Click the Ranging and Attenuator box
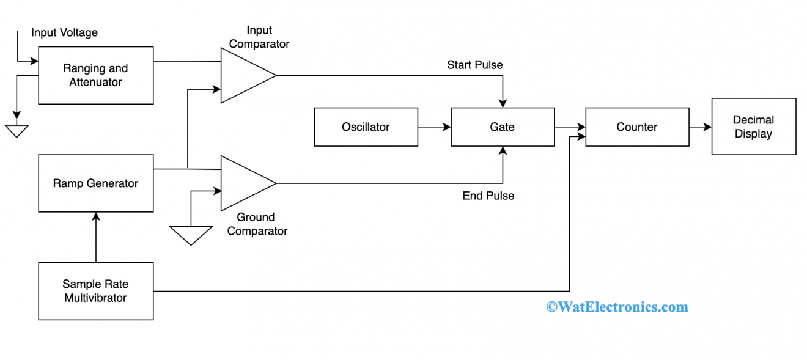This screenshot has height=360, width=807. click(x=95, y=75)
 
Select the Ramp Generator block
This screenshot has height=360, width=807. click(x=95, y=183)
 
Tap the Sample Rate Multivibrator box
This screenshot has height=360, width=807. click(x=95, y=291)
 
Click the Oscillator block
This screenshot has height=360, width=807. click(x=366, y=127)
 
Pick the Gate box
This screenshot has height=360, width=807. click(x=502, y=127)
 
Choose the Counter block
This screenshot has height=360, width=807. click(x=636, y=127)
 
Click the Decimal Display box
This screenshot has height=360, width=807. click(x=753, y=127)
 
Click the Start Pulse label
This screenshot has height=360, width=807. click(x=474, y=65)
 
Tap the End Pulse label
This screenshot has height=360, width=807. click(x=488, y=196)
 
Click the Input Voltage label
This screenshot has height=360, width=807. click(x=64, y=32)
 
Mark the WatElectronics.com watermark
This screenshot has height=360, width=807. click(x=617, y=307)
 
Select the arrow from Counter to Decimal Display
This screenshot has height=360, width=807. click(x=700, y=127)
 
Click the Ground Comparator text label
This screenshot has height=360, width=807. click(x=257, y=224)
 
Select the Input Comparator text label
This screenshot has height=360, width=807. click(x=259, y=37)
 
